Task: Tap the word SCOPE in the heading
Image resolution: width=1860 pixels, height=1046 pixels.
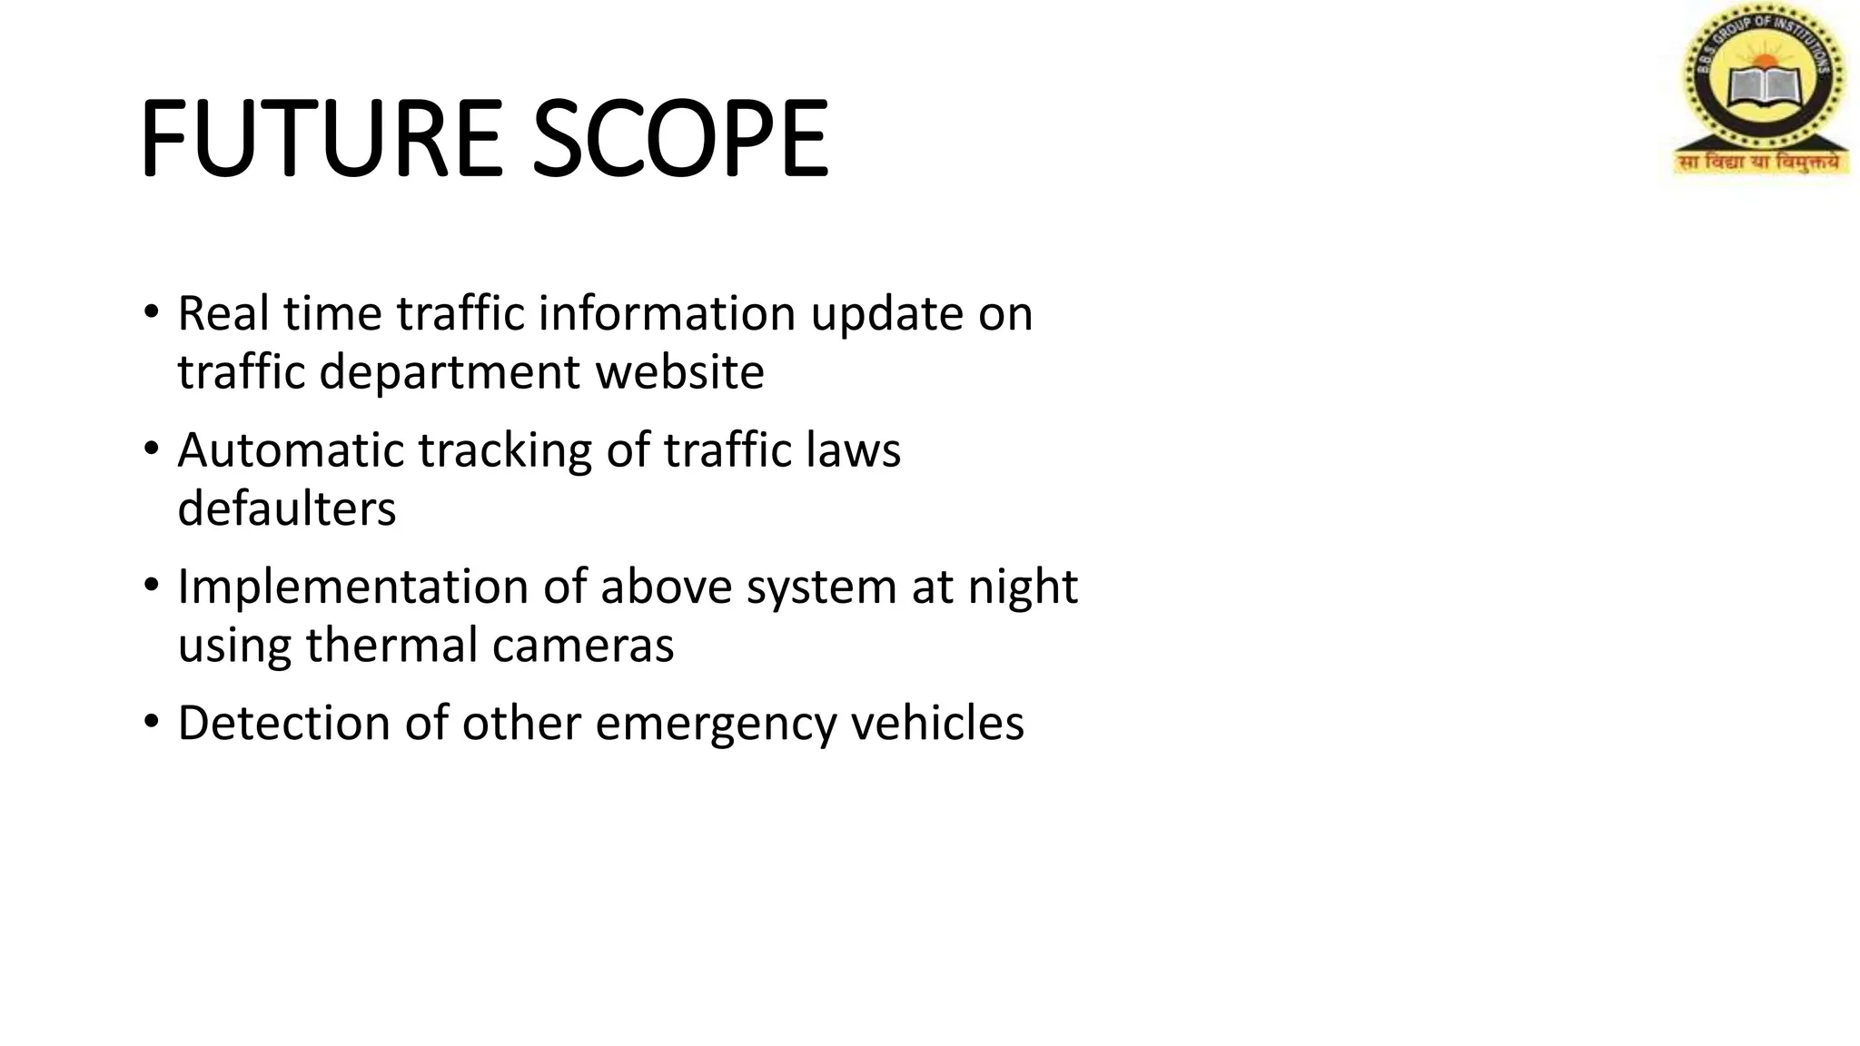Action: (679, 139)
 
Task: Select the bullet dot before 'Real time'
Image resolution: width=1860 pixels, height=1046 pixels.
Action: (151, 313)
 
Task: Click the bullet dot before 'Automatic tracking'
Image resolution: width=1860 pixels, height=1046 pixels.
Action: (151, 449)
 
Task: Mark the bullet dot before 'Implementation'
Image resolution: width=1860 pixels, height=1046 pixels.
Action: (151, 587)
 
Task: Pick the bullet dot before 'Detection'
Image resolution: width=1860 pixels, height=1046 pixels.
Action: (151, 723)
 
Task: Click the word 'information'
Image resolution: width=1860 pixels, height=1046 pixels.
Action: (667, 313)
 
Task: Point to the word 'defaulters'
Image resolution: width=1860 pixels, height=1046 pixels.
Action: (287, 508)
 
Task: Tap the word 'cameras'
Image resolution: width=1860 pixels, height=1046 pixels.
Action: (583, 646)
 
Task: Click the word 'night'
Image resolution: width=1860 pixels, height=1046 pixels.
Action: (1022, 588)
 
